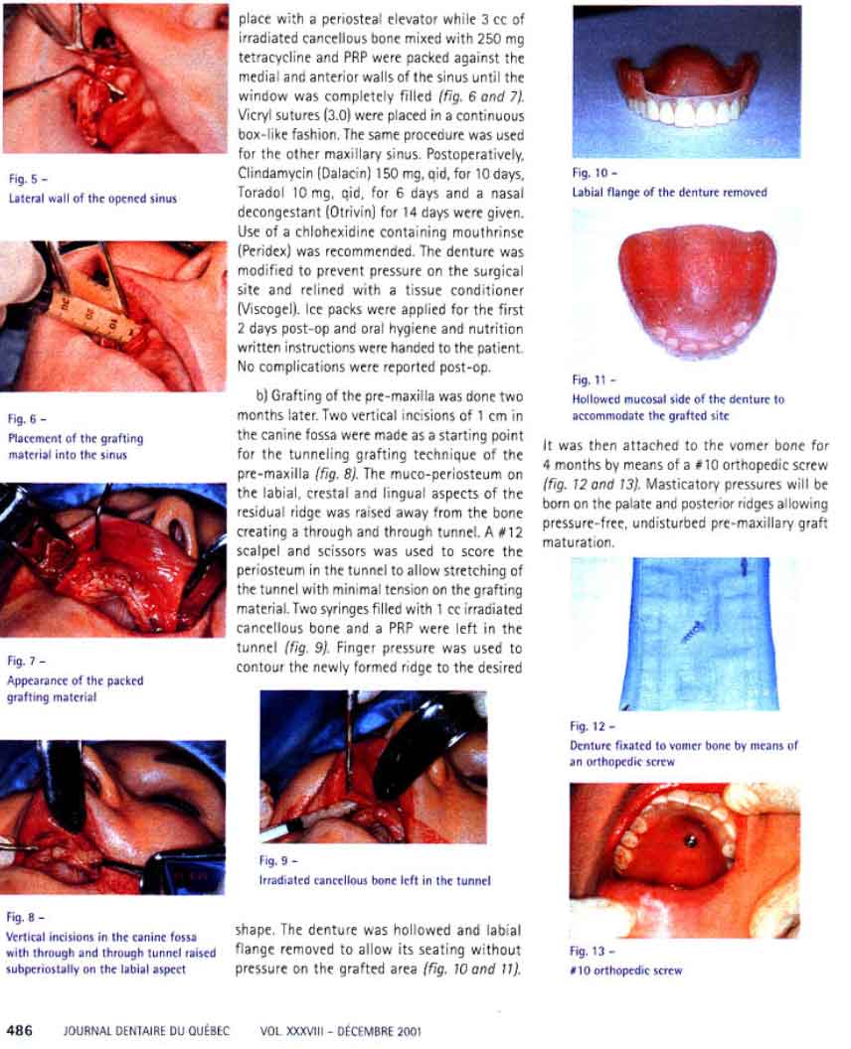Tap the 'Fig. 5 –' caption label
pyautogui.click(x=23, y=179)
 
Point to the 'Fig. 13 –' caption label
pyautogui.click(x=594, y=951)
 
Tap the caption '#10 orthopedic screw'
pyautogui.click(x=626, y=971)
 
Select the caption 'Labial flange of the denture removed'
pyautogui.click(x=669, y=192)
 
